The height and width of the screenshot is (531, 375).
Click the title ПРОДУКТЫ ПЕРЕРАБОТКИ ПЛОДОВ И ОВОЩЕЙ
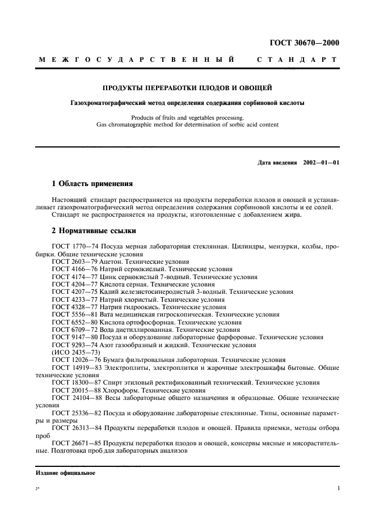pos(187,88)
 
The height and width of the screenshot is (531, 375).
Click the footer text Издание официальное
pos(65,472)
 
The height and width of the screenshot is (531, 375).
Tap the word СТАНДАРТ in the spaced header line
pos(297,60)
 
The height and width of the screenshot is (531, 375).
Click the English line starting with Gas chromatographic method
pos(187,124)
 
